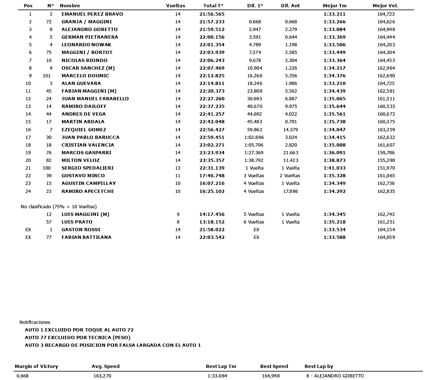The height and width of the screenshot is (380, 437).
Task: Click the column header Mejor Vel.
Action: click(385, 6)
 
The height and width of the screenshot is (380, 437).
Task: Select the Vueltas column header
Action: click(176, 6)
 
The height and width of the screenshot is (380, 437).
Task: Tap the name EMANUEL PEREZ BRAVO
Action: click(92, 14)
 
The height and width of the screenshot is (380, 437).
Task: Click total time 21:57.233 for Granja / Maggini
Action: click(212, 22)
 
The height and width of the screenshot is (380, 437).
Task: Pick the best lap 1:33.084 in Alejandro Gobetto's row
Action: click(334, 30)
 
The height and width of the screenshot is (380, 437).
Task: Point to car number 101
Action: click(47, 76)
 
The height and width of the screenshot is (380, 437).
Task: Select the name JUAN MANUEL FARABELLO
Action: click(95, 99)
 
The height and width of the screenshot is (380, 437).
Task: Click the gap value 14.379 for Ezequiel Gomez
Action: click(291, 130)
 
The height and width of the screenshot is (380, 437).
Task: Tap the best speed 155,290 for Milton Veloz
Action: click(386, 160)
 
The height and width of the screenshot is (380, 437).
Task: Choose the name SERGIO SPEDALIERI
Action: click(87, 168)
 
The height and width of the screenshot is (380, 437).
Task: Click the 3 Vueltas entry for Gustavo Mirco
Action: click(254, 176)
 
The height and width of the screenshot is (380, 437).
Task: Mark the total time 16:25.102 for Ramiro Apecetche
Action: click(212, 191)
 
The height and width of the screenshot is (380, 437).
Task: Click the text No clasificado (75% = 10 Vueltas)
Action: click(59, 207)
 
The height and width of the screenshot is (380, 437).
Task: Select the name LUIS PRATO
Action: click(77, 222)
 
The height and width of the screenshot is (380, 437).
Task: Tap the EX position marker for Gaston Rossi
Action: click(28, 230)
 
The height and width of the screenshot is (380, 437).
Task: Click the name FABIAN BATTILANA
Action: click(86, 237)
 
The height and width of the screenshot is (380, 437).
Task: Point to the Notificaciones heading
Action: click(35, 322)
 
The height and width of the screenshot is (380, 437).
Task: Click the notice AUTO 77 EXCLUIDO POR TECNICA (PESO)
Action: click(78, 338)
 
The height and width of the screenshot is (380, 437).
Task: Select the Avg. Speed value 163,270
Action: click(102, 376)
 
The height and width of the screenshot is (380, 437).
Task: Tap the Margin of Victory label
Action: click(36, 367)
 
